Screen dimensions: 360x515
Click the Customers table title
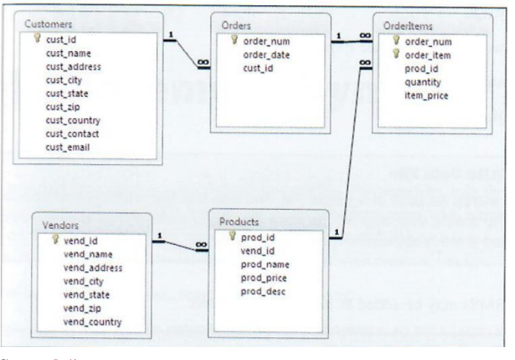(x=48, y=24)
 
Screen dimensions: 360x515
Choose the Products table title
(x=239, y=221)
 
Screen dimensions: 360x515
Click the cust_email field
(x=67, y=146)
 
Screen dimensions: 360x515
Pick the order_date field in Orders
(x=266, y=55)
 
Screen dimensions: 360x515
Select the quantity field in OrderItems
(x=423, y=82)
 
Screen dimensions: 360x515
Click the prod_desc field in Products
(x=263, y=291)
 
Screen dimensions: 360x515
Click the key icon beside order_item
(x=397, y=55)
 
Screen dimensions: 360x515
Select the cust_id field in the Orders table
(x=259, y=68)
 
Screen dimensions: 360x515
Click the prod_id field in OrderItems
(x=420, y=69)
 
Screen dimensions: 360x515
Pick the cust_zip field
(x=63, y=107)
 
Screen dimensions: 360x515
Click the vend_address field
(x=93, y=268)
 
